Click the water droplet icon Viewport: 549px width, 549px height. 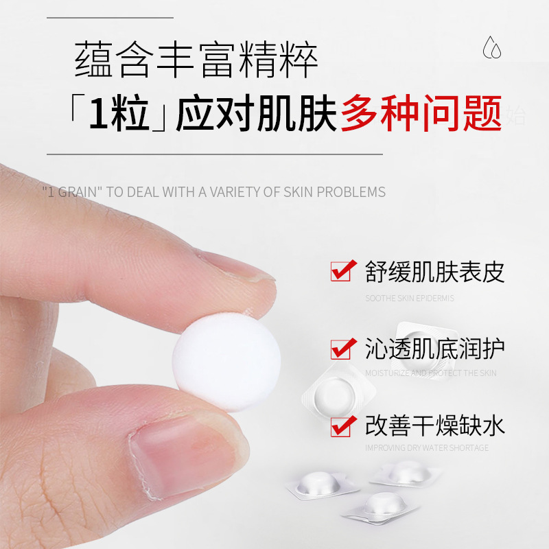491,48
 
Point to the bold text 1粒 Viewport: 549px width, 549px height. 119,114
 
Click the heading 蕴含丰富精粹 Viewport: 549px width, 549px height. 196,61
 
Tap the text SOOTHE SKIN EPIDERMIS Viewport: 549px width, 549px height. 410,299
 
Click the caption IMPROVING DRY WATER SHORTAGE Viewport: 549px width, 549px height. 427,447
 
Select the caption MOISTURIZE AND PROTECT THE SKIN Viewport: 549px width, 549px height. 431,373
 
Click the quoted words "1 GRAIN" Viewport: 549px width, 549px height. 72,192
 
